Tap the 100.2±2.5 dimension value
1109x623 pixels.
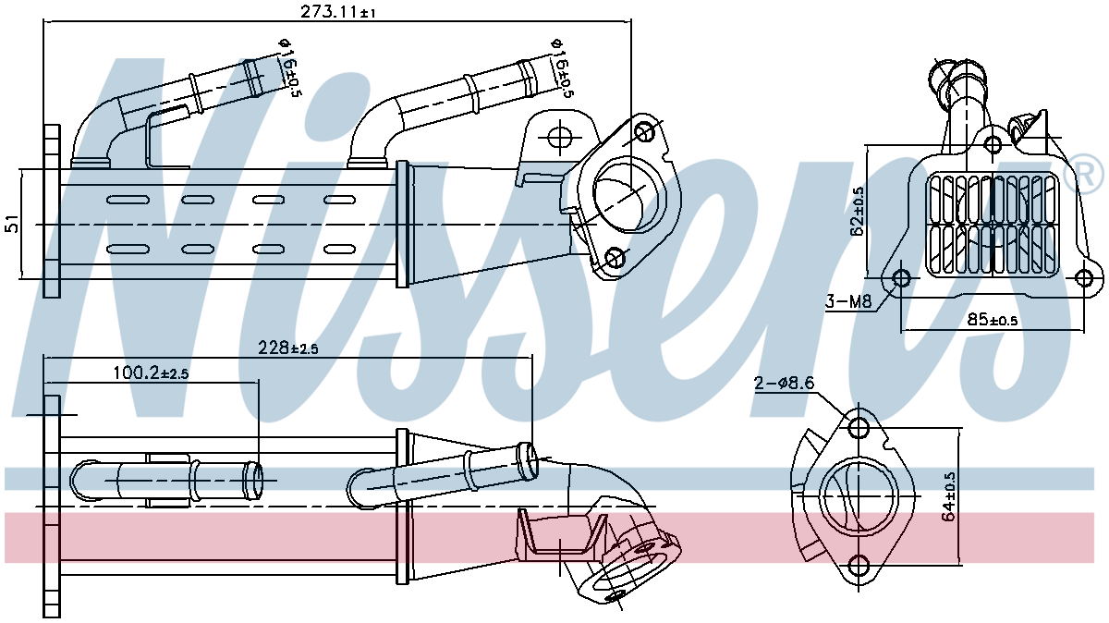click(151, 373)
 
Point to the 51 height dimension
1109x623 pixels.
click(12, 224)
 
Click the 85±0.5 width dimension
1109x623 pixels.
click(992, 321)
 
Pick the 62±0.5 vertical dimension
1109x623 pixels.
click(859, 211)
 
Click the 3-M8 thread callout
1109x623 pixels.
click(848, 301)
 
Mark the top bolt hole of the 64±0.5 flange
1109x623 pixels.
click(859, 428)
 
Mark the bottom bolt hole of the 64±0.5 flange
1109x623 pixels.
click(859, 566)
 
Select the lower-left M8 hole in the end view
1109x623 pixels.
click(902, 276)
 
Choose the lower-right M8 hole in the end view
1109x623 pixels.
click(1087, 276)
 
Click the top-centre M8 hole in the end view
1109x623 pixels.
click(992, 144)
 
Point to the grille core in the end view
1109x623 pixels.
click(993, 225)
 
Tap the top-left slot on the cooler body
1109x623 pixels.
click(122, 201)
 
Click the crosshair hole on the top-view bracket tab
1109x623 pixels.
click(560, 139)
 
